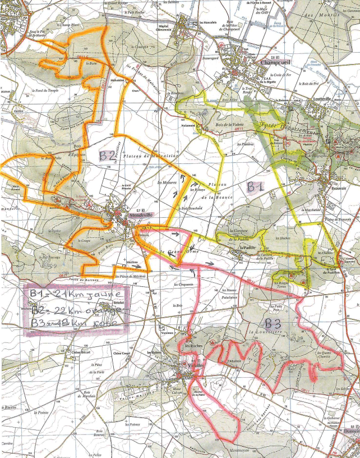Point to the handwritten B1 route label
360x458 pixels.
coord(256,187)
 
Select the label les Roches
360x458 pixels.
coord(193,345)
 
